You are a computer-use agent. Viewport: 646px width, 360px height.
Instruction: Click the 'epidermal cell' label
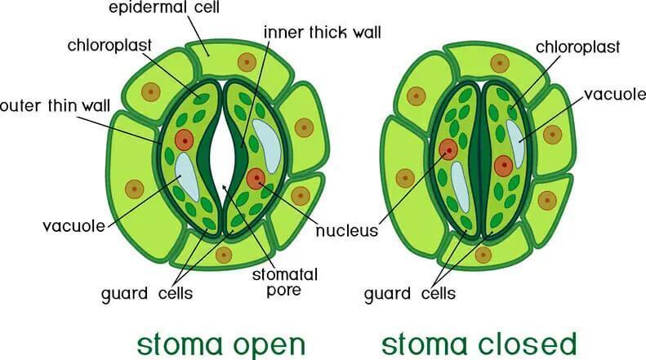pos(164,7)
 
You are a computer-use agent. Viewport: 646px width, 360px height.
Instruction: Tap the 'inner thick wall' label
pos(322,32)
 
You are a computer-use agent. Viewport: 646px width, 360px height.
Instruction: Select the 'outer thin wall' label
pos(56,106)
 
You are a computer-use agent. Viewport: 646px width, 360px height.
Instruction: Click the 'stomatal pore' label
pos(285,282)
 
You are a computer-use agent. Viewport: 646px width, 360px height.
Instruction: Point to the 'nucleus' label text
pos(347,231)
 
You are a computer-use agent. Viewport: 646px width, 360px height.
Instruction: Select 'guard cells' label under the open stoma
pos(147,294)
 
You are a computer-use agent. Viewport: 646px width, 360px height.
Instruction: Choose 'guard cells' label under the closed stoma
pos(410,294)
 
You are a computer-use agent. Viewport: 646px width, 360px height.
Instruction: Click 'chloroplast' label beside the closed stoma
pos(577,47)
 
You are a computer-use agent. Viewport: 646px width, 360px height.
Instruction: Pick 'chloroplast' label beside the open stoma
pos(109,46)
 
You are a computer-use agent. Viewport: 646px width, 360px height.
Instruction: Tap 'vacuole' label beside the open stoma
pos(74,226)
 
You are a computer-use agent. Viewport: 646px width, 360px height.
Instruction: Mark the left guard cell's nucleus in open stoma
pos(184,140)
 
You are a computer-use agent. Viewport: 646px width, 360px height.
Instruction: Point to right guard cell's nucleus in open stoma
pos(256,178)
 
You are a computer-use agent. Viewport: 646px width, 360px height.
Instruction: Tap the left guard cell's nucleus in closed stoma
pos(448,149)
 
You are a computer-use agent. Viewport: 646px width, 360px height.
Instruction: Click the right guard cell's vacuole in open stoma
pos(267,145)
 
